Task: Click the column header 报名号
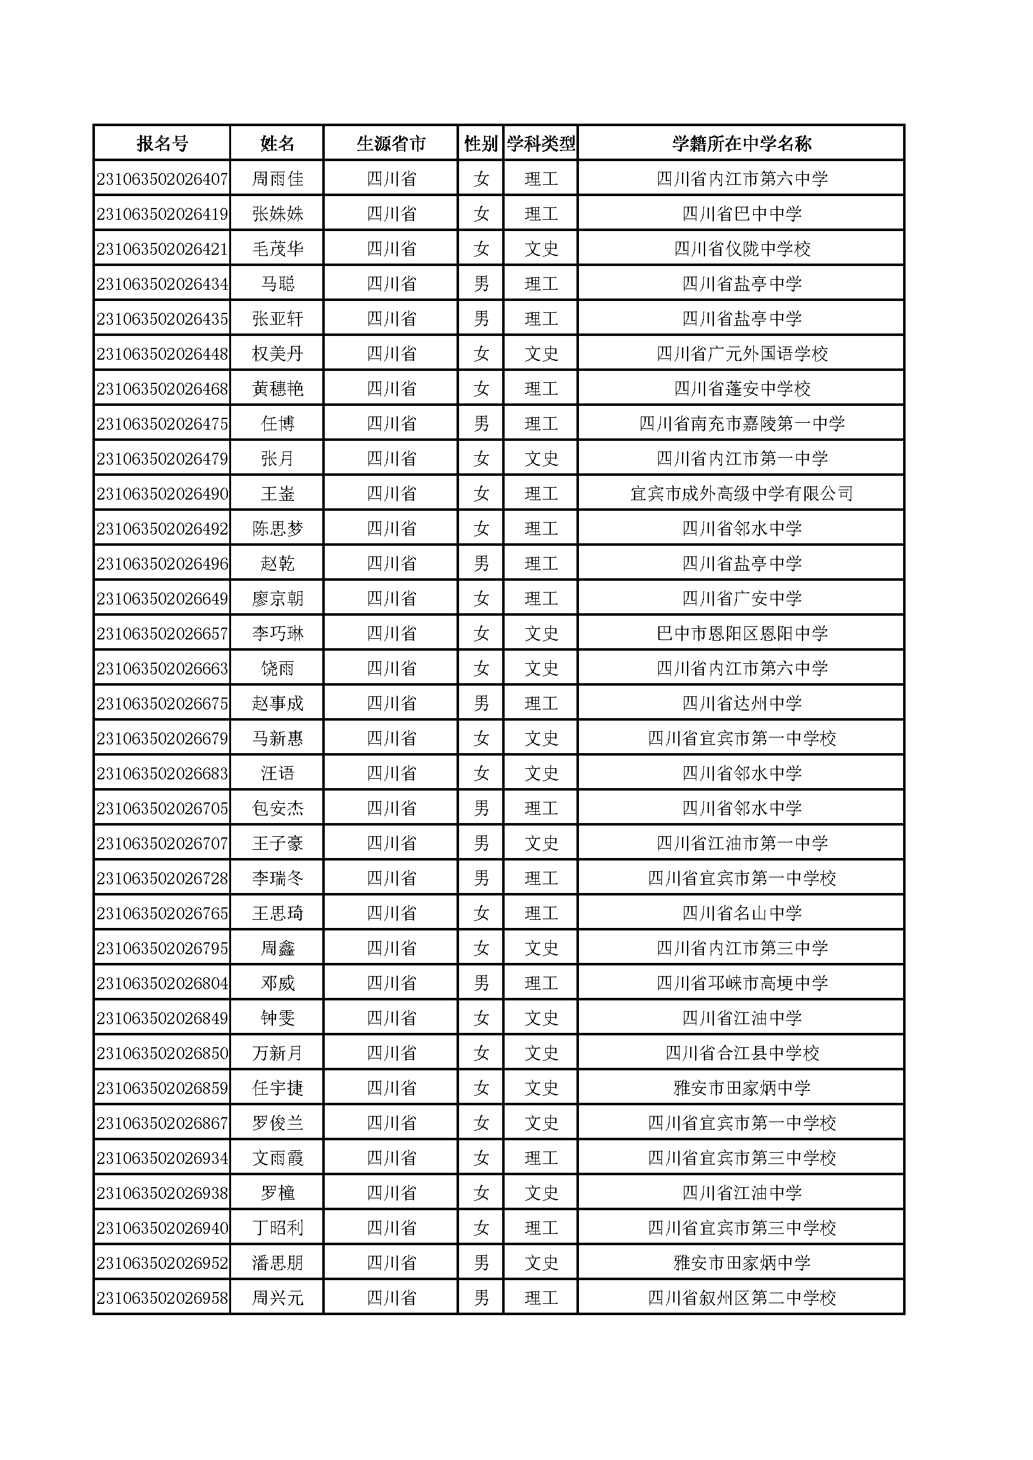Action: click(162, 144)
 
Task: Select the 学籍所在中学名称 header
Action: click(742, 144)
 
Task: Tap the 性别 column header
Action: click(481, 144)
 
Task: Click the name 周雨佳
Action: click(277, 179)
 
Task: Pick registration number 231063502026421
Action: click(162, 249)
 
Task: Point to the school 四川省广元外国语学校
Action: click(742, 353)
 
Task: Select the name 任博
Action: click(277, 423)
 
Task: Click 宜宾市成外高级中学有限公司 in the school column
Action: click(742, 493)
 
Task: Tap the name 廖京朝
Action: click(277, 598)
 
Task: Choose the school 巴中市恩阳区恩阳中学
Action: click(742, 633)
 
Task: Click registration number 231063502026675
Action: click(162, 703)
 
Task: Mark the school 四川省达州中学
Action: click(742, 703)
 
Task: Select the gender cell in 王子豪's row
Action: click(481, 843)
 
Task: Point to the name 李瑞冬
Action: click(277, 878)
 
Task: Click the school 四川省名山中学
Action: click(742, 913)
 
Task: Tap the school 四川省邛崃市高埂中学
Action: click(742, 983)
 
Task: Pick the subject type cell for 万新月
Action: click(541, 1053)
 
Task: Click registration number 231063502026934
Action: click(162, 1158)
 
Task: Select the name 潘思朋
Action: click(277, 1263)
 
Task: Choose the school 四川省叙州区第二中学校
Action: click(742, 1298)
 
